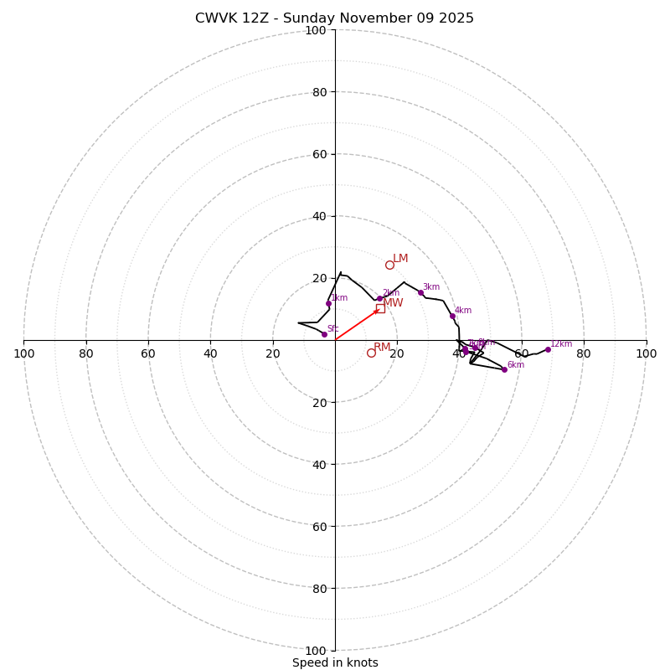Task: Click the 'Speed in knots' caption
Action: point(335,662)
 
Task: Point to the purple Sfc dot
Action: point(324,334)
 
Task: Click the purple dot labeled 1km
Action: point(328,303)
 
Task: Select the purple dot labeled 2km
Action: point(379,298)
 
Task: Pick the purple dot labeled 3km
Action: point(420,292)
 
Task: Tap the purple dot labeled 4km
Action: point(452,316)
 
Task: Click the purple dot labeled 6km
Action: point(504,369)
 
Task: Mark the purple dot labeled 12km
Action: point(548,349)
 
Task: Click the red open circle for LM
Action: point(389,265)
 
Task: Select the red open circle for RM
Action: point(371,353)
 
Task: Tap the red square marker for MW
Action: point(380,308)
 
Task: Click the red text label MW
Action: point(393,303)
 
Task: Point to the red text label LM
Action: point(400,259)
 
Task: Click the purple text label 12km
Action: point(561,343)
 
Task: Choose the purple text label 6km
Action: point(515,365)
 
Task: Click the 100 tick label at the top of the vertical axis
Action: point(315,30)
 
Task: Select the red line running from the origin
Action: point(356,325)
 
